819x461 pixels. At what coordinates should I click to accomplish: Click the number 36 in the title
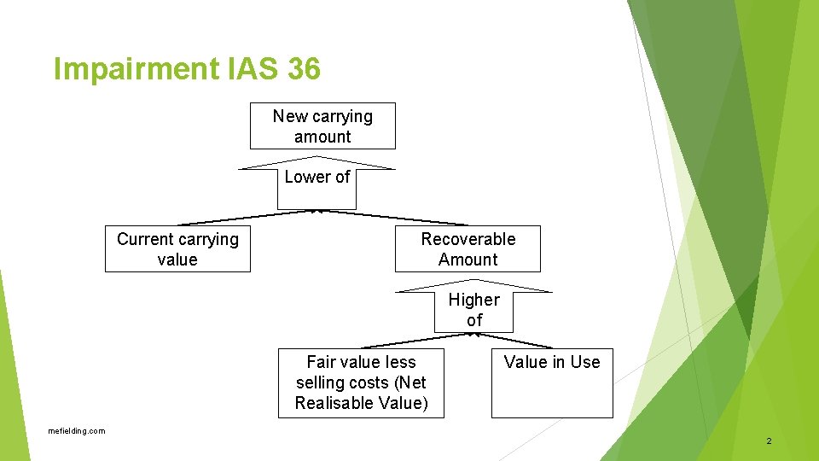coord(304,68)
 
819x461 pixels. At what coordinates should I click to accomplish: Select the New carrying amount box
coord(322,126)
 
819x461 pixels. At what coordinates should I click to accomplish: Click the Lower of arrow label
coord(317,178)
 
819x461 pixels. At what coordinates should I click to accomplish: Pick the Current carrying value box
coord(177,249)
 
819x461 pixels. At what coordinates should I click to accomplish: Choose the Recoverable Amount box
coord(468,249)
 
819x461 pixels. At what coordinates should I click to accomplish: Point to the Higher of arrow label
coord(474,310)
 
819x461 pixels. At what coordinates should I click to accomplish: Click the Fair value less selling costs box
coord(361,382)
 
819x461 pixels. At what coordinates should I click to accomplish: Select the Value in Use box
coord(552,382)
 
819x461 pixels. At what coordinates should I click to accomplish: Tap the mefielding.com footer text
coord(77,431)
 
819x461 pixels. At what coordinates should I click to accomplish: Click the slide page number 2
coord(769,441)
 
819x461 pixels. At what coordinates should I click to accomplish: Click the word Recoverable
coord(468,239)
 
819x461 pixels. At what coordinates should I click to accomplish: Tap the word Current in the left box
coord(148,239)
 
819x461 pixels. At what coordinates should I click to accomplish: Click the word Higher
coord(474,300)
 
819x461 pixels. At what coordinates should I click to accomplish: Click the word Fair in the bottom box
coord(322,362)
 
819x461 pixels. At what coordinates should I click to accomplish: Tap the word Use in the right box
coord(585,362)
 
